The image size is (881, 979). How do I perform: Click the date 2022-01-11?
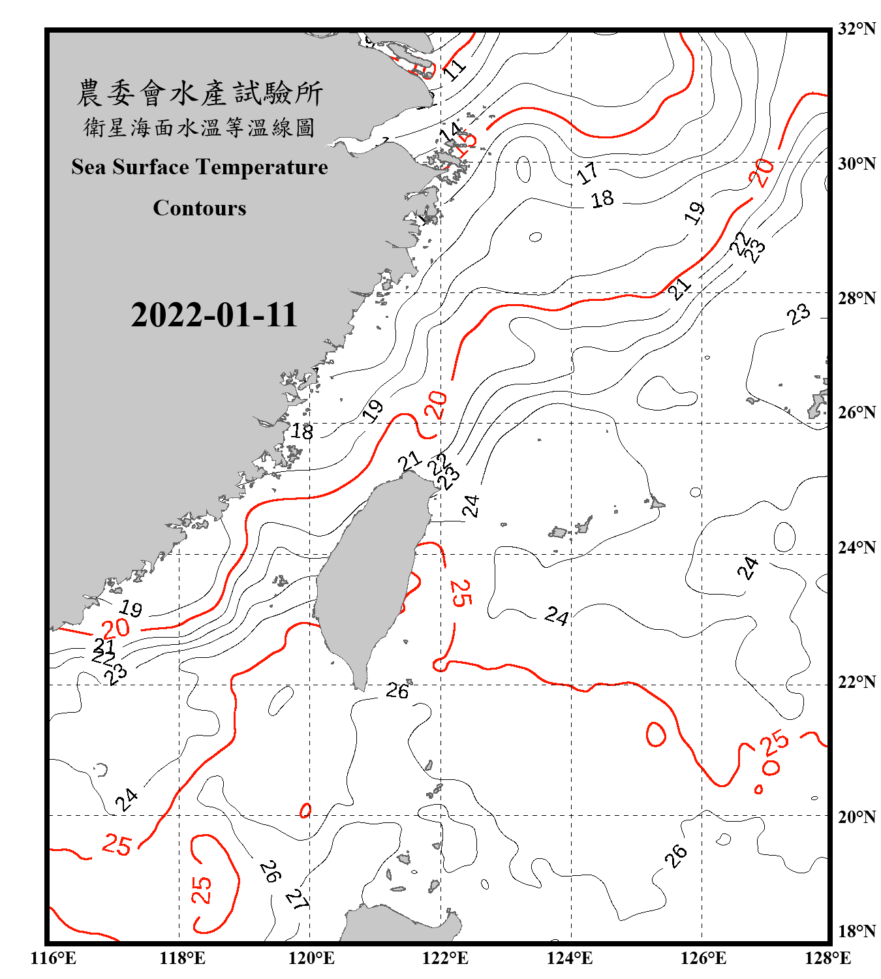pos(214,315)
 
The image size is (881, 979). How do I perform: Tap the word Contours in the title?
pos(200,208)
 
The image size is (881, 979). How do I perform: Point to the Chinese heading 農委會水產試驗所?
pos(200,93)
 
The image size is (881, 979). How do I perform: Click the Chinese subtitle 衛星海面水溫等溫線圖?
pos(200,128)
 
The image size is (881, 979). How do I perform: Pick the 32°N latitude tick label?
pos(856,29)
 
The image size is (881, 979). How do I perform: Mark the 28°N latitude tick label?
pos(856,298)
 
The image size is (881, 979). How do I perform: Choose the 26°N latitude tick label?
pos(856,412)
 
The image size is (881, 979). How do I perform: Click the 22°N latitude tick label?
pos(856,682)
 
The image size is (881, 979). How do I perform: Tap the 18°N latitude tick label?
pos(856,931)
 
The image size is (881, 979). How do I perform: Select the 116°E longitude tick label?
pos(53,958)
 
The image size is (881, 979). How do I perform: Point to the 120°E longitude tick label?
pos(311,958)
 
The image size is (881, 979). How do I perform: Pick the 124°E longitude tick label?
pos(570,958)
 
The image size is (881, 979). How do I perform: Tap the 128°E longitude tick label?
pos(827,958)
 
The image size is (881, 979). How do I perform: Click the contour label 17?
pos(587,173)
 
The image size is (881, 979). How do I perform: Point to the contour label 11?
pos(455,67)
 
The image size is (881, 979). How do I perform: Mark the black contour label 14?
pos(450,132)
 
